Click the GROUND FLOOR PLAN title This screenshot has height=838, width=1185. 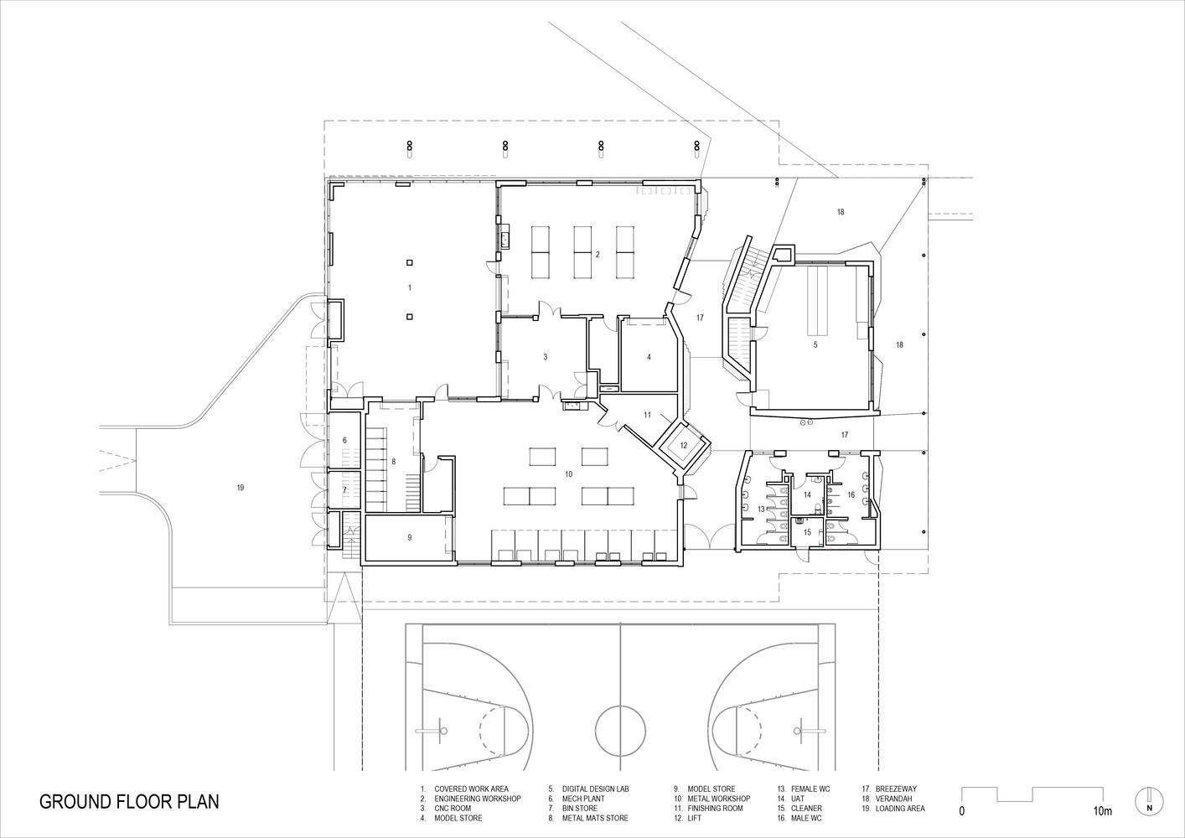click(x=129, y=801)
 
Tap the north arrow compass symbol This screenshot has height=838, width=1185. click(x=1150, y=801)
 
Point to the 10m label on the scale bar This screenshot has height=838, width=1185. click(x=1103, y=811)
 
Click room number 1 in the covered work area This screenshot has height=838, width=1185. click(x=410, y=287)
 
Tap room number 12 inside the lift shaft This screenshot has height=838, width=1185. click(x=684, y=446)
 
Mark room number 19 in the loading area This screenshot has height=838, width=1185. click(x=241, y=488)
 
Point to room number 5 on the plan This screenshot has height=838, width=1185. click(x=815, y=344)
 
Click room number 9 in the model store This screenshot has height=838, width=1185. click(x=410, y=537)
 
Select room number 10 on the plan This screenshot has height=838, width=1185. click(x=569, y=474)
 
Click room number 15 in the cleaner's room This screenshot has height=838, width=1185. click(x=807, y=532)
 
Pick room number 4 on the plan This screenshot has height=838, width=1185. click(x=649, y=357)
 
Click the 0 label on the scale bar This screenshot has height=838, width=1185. click(x=961, y=811)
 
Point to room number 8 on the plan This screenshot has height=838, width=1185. click(x=394, y=462)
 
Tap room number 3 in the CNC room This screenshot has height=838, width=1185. click(x=546, y=357)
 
